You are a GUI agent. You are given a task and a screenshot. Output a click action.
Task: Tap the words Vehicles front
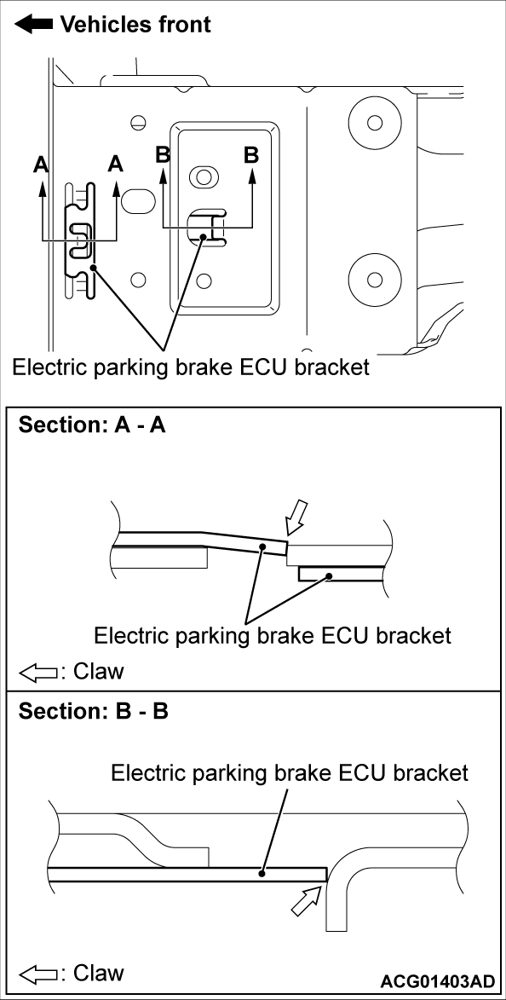135,24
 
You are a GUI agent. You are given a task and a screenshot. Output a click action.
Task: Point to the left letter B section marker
164,155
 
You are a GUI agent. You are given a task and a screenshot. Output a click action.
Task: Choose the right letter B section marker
251,155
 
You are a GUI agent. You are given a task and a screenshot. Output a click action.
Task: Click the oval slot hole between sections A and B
136,201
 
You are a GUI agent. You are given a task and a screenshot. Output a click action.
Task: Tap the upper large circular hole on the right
373,122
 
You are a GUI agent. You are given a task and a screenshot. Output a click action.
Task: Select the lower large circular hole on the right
373,278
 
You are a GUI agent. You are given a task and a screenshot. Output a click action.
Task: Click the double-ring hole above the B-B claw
202,177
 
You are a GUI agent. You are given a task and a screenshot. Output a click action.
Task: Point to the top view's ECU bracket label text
191,367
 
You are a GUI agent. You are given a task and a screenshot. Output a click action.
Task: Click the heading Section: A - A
92,425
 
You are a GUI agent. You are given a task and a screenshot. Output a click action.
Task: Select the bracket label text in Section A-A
272,635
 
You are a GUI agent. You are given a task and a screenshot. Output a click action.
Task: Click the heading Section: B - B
93,710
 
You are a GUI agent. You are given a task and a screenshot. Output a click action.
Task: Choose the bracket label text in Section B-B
290,772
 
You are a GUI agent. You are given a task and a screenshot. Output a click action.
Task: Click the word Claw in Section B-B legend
98,973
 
